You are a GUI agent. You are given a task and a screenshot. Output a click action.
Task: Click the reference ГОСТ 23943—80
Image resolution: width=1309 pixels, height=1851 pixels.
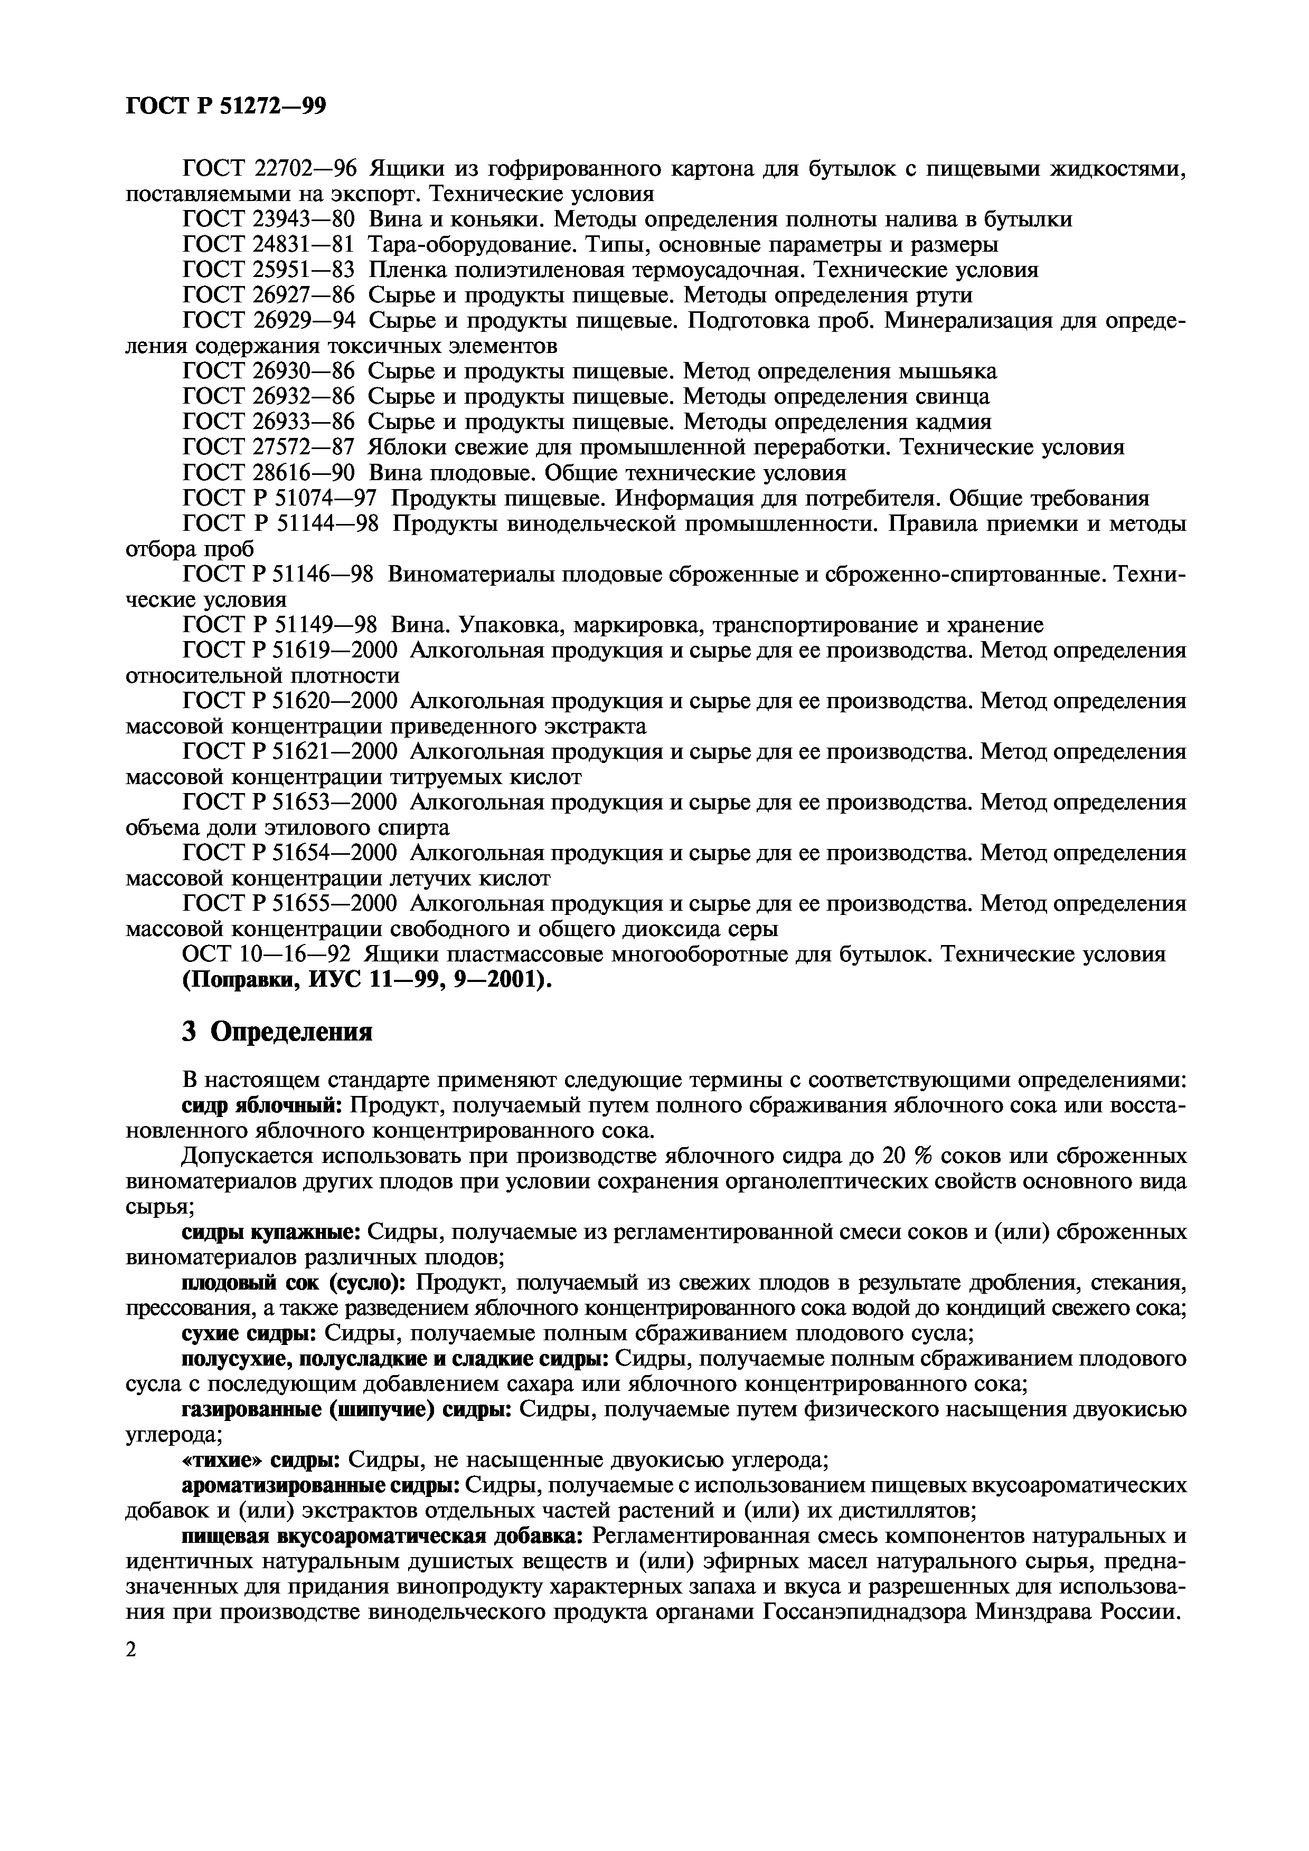click(x=269, y=220)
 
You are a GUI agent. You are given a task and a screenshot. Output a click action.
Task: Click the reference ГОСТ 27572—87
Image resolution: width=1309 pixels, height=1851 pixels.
click(x=269, y=447)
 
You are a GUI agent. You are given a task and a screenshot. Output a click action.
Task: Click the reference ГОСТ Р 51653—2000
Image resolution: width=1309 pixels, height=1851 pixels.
click(x=290, y=803)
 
